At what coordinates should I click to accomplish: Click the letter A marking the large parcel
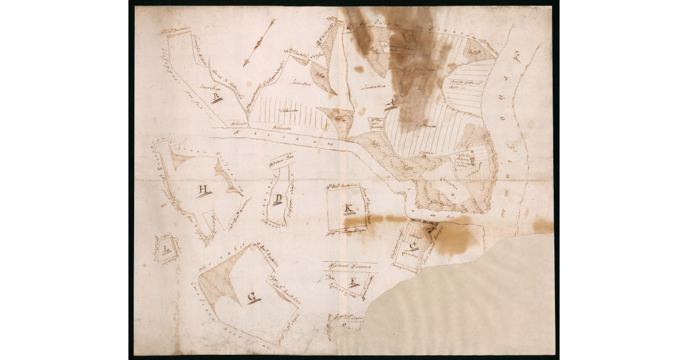click(392, 104)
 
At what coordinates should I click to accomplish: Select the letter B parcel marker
click(216, 97)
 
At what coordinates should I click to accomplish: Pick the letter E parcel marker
click(354, 281)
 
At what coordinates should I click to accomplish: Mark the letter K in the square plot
click(348, 208)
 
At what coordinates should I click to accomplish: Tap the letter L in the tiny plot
click(166, 249)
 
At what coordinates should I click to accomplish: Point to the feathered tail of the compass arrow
click(271, 23)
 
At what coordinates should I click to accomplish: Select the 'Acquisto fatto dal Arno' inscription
click(462, 85)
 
